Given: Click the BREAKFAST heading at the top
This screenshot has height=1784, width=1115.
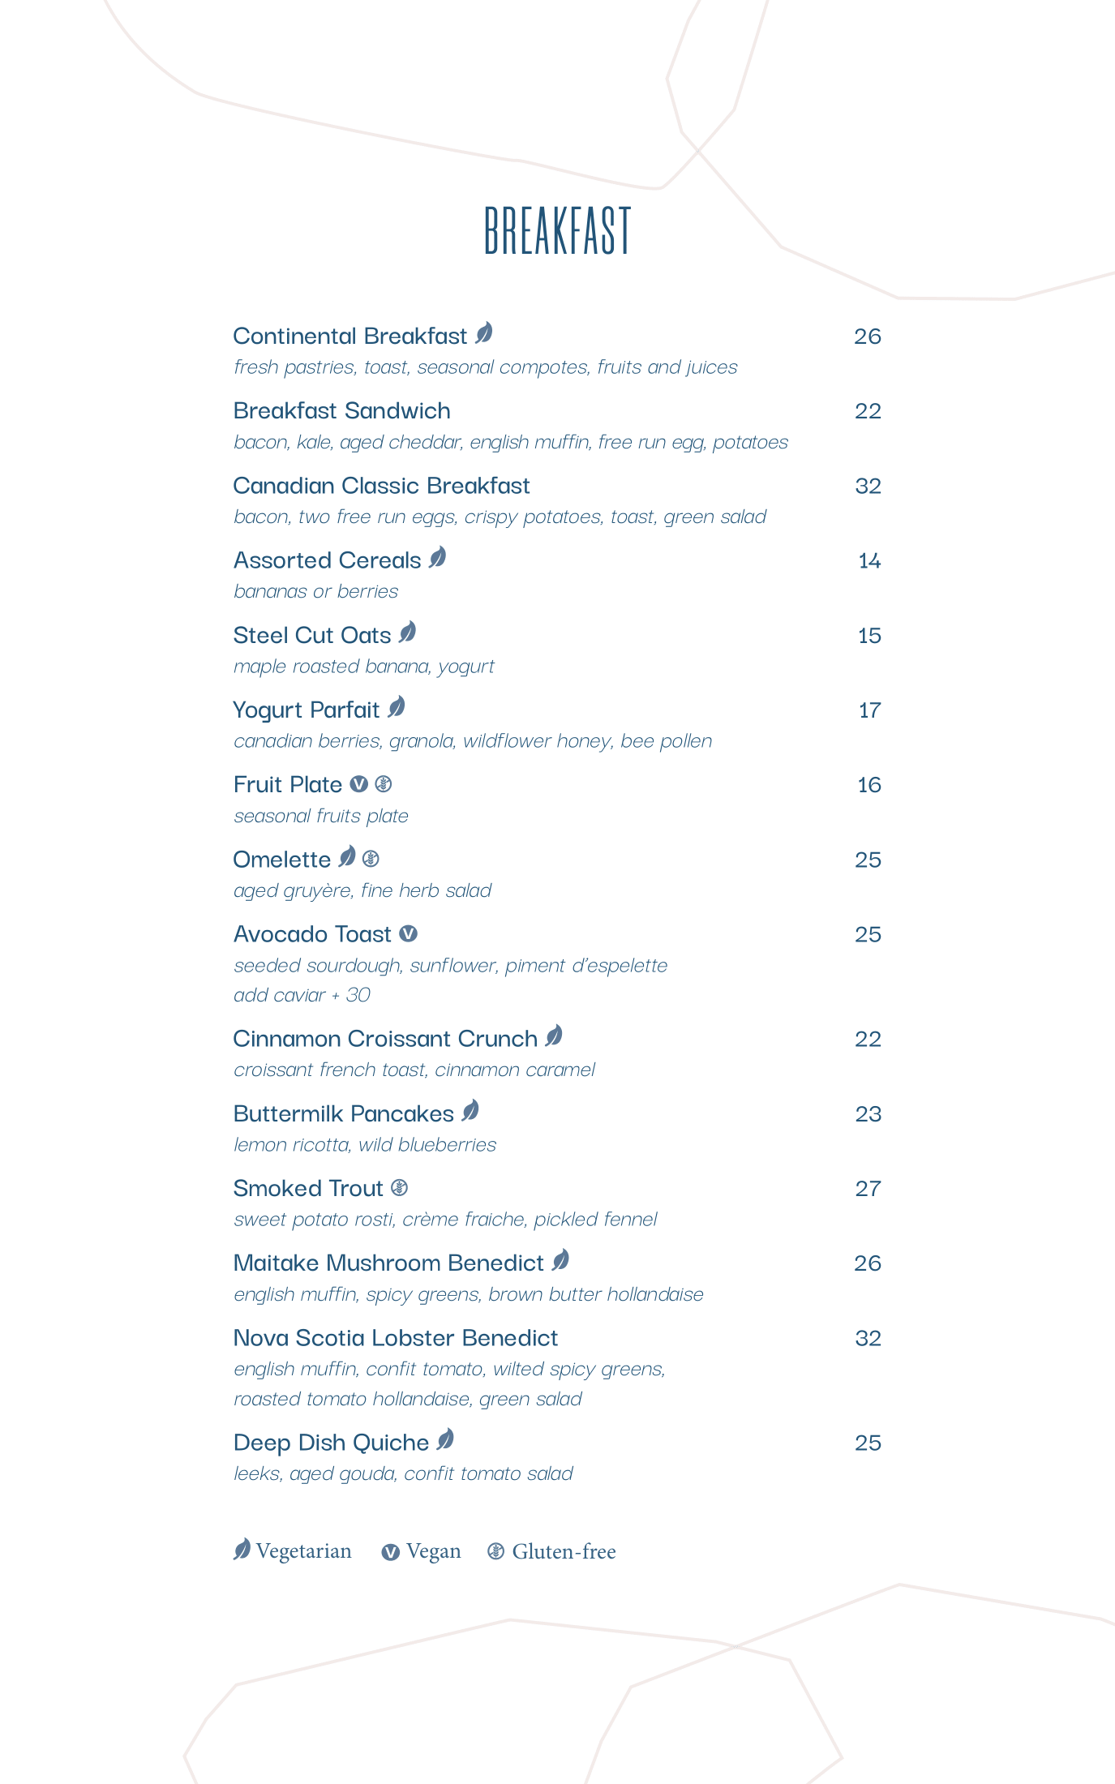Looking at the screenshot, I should (557, 230).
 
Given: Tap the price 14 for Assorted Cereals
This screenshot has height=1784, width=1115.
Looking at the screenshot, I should (869, 560).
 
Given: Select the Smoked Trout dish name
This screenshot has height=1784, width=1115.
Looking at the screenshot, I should (307, 1188).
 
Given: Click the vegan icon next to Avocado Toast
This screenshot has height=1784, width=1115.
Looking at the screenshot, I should (409, 934).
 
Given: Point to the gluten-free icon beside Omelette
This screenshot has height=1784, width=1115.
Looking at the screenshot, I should (371, 859).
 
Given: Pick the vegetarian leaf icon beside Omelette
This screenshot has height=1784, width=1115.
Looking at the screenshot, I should (347, 856).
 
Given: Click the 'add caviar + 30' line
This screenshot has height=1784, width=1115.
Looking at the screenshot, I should (302, 995).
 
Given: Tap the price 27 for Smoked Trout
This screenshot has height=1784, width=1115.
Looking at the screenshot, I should (868, 1188).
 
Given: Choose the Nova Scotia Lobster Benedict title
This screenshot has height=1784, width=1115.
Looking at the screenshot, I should (395, 1337).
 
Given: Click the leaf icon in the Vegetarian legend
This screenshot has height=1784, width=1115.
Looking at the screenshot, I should (242, 1550).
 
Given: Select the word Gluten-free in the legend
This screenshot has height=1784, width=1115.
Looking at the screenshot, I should (564, 1551).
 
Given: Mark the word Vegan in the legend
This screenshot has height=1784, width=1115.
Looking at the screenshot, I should (433, 1551).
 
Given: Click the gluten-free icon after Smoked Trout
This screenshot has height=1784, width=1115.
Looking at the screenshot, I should (399, 1188).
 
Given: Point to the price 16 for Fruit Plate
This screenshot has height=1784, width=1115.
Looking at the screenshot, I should (868, 784).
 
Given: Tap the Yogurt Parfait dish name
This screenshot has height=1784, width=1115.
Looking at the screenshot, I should (306, 710).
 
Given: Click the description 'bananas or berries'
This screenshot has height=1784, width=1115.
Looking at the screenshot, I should (315, 591).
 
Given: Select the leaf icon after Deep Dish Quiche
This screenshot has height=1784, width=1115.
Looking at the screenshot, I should (445, 1440).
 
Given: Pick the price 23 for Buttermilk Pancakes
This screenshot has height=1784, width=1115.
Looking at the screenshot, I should (868, 1113).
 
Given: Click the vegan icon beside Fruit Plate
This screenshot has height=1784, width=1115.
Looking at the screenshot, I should (359, 784).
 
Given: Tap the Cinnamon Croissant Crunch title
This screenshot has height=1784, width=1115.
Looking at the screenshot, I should (385, 1038).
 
